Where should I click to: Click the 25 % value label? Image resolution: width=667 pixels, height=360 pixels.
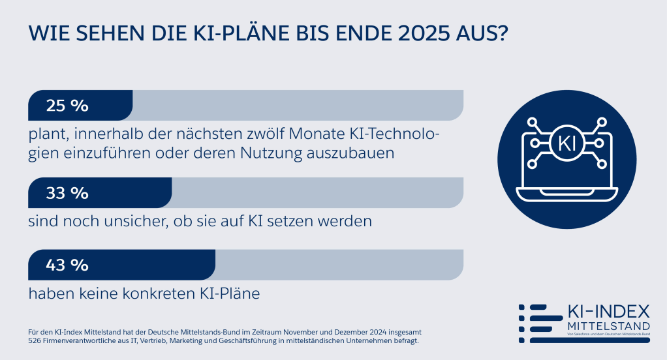[67, 106]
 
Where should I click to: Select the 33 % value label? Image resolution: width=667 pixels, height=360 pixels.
[67, 193]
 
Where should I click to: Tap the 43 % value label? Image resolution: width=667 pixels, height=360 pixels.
[67, 265]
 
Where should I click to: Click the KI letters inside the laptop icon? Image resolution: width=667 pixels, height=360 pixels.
[567, 143]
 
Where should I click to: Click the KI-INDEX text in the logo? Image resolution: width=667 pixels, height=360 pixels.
[600, 311]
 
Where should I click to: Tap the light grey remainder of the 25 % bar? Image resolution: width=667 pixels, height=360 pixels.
[297, 106]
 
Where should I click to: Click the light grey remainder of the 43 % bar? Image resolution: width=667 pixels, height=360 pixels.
[339, 265]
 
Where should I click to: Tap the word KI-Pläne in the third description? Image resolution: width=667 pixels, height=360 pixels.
[233, 293]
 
